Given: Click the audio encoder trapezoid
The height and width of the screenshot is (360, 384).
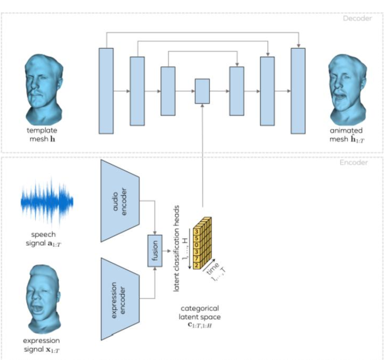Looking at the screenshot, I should point(120,201).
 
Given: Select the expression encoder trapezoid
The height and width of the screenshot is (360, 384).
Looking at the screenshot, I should point(120,298).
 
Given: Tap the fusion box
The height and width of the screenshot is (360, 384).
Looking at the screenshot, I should point(155,251).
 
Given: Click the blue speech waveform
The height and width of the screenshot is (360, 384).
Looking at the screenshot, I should point(47,201).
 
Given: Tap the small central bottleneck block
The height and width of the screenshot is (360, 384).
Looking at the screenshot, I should point(202,91).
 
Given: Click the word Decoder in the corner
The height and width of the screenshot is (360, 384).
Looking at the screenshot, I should point(357,19).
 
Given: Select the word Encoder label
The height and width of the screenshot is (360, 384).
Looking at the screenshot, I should point(358,162).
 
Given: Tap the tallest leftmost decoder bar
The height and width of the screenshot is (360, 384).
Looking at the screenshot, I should point(106,91).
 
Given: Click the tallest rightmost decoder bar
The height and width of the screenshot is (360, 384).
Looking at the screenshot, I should point(298,91).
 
